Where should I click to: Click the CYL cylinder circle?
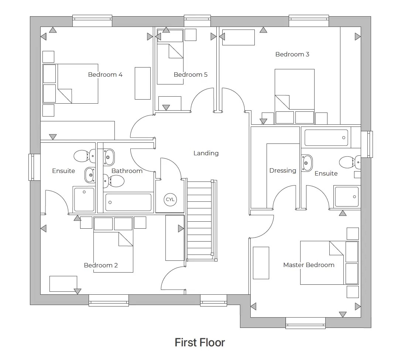coord(170,200)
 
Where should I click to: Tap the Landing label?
coord(206,153)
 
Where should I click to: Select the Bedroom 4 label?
coord(105,75)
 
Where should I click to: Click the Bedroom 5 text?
coord(191,75)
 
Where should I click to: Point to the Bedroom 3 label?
coord(292,54)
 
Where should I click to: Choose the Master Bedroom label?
coord(309,265)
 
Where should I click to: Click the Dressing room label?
coord(282,170)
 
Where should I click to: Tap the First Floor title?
coord(200,343)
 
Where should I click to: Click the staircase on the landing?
coord(200,219)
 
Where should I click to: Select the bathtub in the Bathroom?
coord(128,202)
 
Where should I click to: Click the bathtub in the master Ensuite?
coord(326,138)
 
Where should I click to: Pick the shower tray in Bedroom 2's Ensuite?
coord(84,199)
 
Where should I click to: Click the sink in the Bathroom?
coord(108,157)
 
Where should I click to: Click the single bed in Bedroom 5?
coord(170,63)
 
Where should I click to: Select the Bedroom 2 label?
coord(101,265)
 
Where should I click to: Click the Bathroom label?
coord(127,171)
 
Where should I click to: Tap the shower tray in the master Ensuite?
coord(346,197)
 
